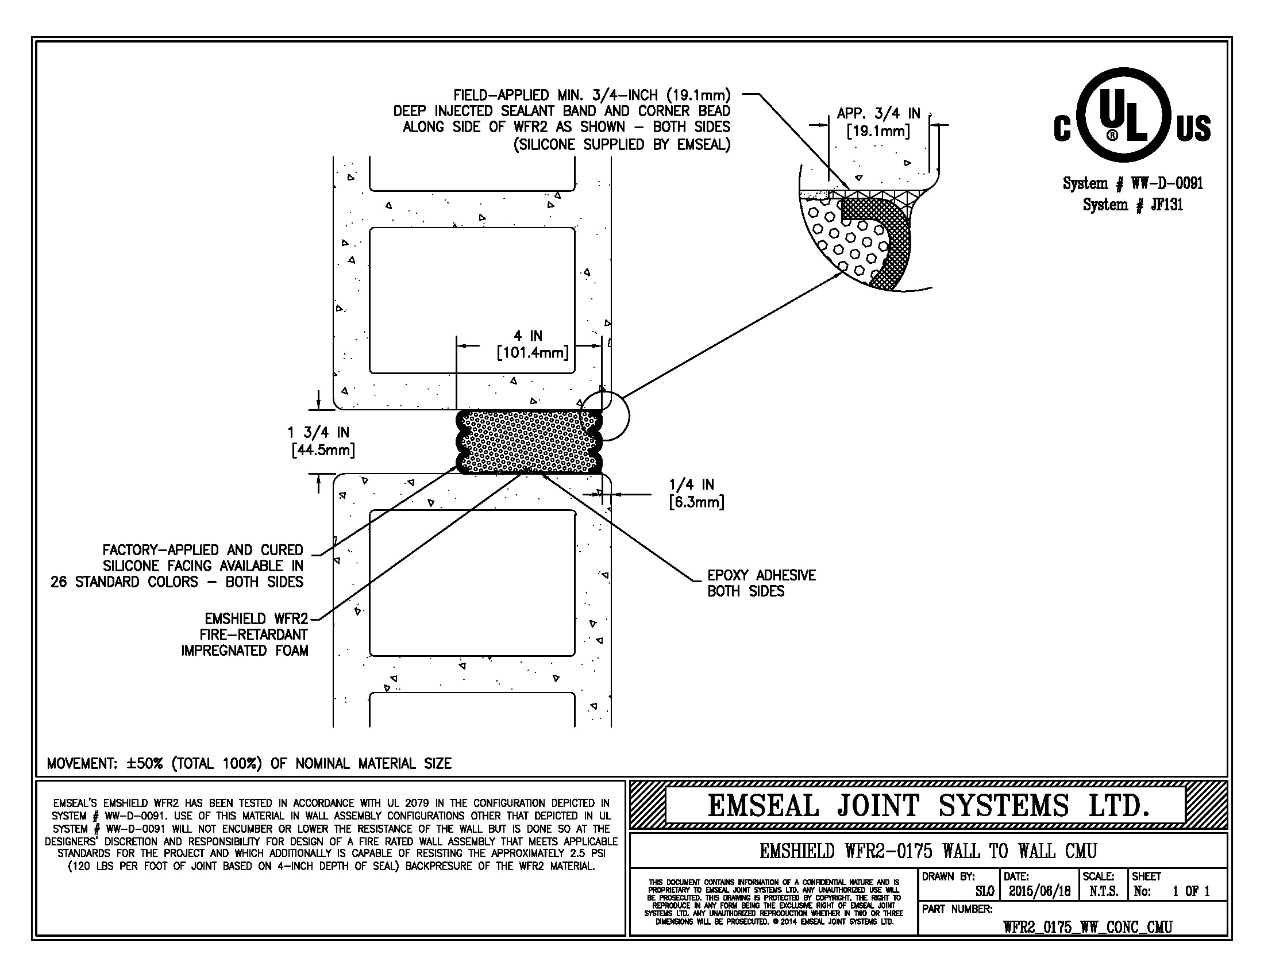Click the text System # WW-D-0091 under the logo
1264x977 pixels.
coord(1132,183)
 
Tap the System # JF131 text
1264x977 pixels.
coord(1132,205)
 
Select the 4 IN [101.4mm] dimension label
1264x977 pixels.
coord(533,344)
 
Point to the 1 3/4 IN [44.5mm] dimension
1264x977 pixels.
coord(322,441)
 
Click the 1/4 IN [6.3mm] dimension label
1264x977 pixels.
coord(695,493)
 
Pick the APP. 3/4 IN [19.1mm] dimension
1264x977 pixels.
coord(878,122)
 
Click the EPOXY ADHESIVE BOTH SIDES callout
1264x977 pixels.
coord(761,583)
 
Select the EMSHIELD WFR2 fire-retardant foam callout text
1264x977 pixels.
coord(245,634)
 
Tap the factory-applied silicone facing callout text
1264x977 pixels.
coord(177,566)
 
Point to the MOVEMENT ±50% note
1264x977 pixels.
coord(249,763)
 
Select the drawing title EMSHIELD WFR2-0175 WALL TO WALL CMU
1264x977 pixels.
coord(928,851)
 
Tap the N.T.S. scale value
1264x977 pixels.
coord(1103,891)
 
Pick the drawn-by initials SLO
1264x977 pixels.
coord(984,891)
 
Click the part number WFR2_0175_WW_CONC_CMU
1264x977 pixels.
coord(1088,926)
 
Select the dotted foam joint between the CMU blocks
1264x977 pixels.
coord(530,441)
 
